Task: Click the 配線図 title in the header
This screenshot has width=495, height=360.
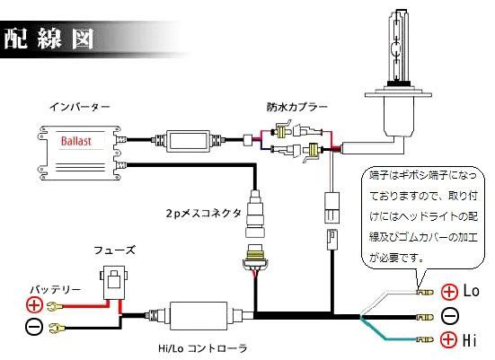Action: click(54, 39)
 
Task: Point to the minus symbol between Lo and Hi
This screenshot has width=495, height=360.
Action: click(449, 315)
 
